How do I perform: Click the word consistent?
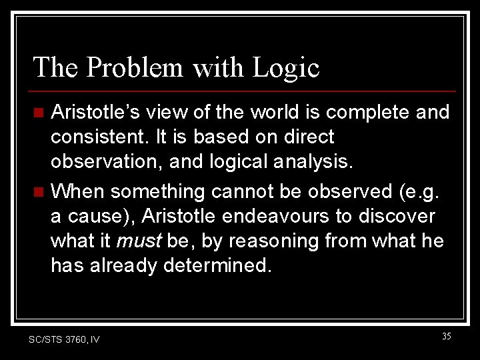click(99, 137)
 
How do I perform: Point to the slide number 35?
click(446, 337)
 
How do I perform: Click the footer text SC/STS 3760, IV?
click(64, 339)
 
